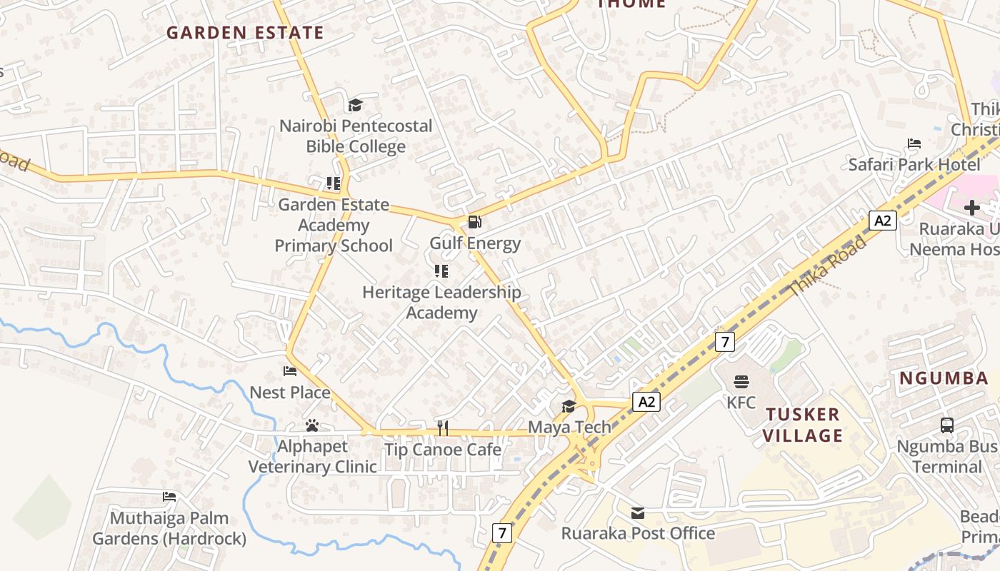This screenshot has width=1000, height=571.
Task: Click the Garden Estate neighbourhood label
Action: tap(245, 33)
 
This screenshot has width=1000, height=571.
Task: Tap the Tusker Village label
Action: tap(802, 425)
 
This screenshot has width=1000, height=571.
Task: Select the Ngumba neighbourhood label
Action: tap(944, 378)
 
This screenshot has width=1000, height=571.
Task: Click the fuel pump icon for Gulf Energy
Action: tap(474, 222)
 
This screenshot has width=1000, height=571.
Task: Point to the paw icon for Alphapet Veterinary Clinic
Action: tap(312, 425)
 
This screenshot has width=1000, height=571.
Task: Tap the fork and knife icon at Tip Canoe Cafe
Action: tap(443, 428)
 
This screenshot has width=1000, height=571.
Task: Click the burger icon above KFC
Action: tap(741, 381)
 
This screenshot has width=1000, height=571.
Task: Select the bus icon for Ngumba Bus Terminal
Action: tap(946, 425)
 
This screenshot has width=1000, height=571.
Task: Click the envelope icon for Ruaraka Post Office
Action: tap(637, 512)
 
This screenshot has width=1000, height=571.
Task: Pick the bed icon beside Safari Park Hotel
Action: tap(914, 143)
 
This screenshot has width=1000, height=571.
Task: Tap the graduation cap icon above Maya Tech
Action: tap(569, 406)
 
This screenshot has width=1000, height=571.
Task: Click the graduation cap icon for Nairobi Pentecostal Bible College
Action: tap(355, 106)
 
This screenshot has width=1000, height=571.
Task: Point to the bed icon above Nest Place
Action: tap(290, 371)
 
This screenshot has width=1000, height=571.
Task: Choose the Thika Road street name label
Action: tap(828, 266)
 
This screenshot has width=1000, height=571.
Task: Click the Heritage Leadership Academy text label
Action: tap(441, 303)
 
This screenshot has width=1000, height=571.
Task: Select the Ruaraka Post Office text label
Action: tap(638, 533)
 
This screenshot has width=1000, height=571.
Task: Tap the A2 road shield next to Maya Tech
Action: tap(646, 402)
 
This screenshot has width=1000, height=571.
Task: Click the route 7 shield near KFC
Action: tap(725, 342)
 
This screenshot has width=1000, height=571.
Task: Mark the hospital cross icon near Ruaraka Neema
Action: tap(971, 208)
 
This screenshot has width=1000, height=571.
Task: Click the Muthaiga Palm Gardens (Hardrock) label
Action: tap(169, 528)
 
